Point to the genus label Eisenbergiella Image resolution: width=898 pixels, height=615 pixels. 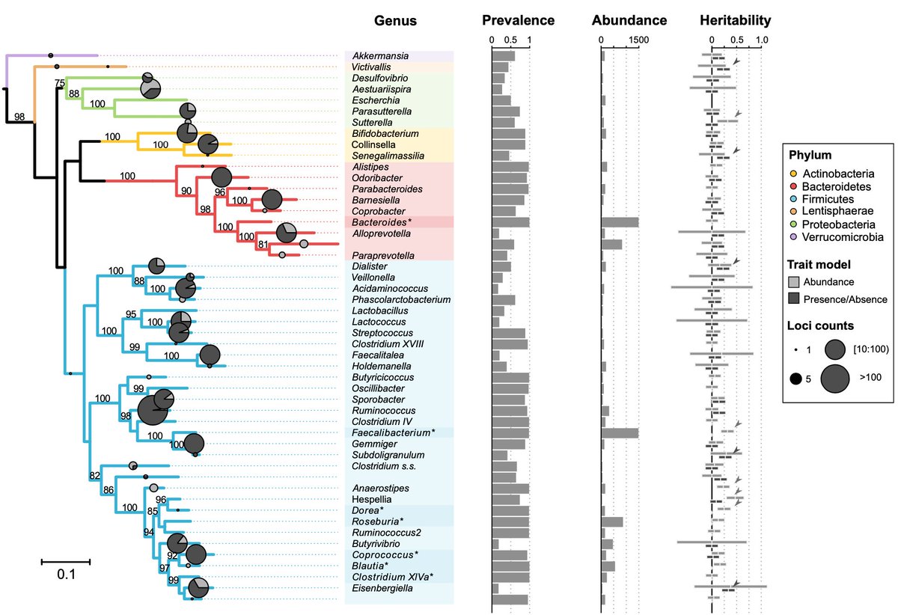click(x=379, y=589)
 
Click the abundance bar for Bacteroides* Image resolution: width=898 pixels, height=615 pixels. click(x=620, y=222)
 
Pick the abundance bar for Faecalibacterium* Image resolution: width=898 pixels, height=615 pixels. click(x=620, y=432)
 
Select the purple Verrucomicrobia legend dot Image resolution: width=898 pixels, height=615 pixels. click(x=794, y=236)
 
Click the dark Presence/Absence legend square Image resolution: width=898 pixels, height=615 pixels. click(x=795, y=299)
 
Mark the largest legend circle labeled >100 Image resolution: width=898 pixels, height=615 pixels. click(x=840, y=381)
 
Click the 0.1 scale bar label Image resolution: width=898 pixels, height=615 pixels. click(x=66, y=575)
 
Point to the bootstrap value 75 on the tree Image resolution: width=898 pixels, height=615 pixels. click(x=60, y=82)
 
